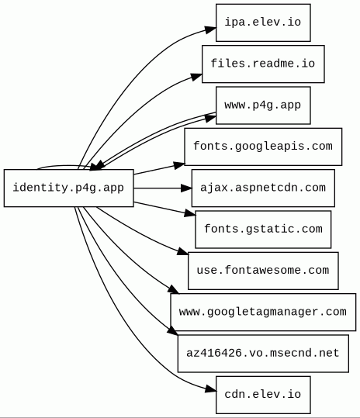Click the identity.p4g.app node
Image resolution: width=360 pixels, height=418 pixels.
pos(69,188)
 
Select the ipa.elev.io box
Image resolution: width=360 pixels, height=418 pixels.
pos(263,22)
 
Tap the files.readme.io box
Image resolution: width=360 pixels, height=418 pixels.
pos(263,64)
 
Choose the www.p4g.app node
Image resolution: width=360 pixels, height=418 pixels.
pos(263,105)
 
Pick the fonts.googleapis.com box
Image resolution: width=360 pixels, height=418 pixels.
pos(263,147)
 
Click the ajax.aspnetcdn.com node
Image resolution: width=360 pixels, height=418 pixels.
pos(263,188)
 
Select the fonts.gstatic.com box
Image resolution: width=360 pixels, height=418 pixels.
pos(263,230)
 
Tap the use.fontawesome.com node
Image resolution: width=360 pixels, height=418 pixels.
pos(263,271)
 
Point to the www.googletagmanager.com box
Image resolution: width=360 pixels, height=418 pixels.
pos(263,313)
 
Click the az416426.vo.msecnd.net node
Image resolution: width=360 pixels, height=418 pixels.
pos(263,354)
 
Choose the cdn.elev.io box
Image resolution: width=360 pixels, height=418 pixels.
pos(263,395)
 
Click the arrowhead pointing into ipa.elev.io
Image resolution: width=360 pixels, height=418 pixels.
pos(211,29)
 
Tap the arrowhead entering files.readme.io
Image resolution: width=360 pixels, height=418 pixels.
pos(196,77)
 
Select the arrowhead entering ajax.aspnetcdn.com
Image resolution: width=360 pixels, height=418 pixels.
pos(186,188)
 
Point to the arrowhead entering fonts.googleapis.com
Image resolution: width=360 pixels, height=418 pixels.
pos(179,165)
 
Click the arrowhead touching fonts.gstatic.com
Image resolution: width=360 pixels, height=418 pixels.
pos(190,213)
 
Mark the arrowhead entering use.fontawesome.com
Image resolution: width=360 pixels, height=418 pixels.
pos(183,251)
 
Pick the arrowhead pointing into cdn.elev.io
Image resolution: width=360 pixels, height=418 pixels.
pos(211,389)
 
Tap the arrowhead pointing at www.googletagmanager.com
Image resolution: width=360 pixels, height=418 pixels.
pos(174,290)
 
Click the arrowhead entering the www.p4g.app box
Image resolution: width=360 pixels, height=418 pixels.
pos(211,118)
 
